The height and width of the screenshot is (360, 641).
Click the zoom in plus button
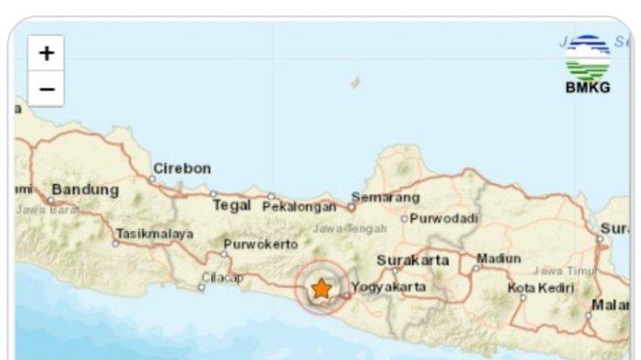(46, 53)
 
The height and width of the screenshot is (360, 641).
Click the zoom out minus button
(46, 89)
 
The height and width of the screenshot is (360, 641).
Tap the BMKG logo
(587, 64)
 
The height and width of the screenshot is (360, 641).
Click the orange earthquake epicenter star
(321, 289)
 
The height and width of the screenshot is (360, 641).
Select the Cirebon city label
(182, 169)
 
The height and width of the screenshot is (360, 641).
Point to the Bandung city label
(85, 190)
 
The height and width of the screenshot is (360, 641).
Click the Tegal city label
(232, 205)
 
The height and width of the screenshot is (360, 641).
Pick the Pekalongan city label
(299, 206)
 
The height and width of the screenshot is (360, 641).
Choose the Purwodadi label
(443, 218)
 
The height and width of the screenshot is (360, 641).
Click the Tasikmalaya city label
(155, 235)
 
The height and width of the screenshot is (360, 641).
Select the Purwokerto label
(261, 245)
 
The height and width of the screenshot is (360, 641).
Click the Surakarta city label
(413, 260)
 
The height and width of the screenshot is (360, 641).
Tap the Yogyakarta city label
(389, 287)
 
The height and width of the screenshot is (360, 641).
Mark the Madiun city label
(498, 258)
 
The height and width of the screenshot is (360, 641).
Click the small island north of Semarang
(355, 82)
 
